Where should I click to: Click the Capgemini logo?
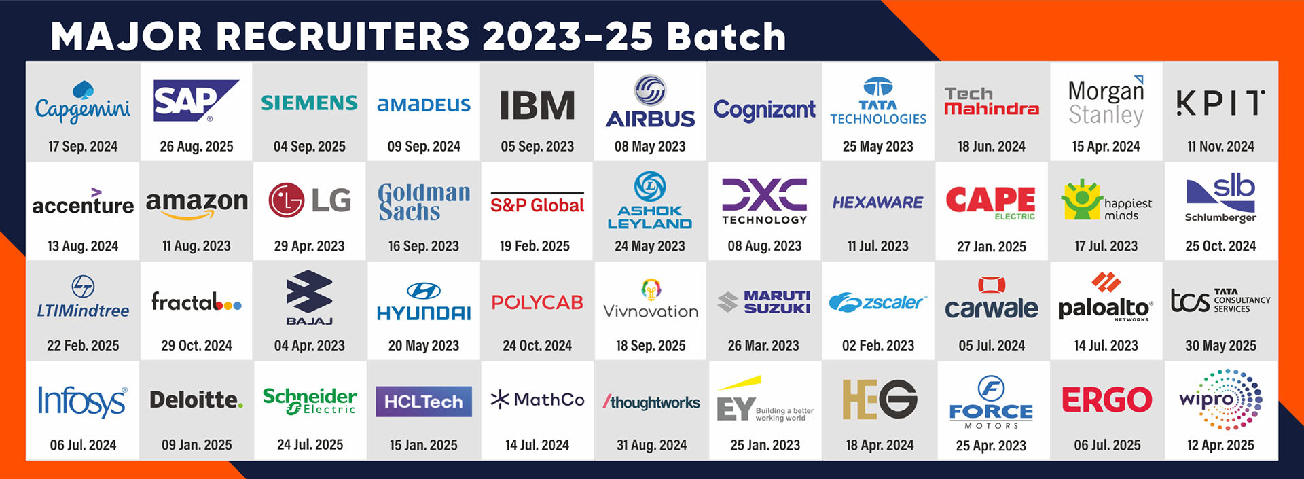83,103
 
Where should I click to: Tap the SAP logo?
196,101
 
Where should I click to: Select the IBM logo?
537,105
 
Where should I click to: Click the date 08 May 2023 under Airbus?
650,146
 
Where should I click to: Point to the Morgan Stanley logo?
1106,101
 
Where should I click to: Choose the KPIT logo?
1220,103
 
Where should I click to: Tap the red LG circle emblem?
286,200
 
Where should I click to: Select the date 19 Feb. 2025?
535,246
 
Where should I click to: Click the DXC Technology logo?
765,201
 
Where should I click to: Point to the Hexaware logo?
877,202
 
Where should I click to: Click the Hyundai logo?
424,303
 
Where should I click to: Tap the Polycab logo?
537,302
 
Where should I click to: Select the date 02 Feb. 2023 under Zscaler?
878,346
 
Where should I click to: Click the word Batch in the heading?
726,36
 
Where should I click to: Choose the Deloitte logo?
196,400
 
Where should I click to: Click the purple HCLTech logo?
424,402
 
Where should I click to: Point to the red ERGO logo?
1107,400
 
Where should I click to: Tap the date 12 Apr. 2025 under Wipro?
1220,446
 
